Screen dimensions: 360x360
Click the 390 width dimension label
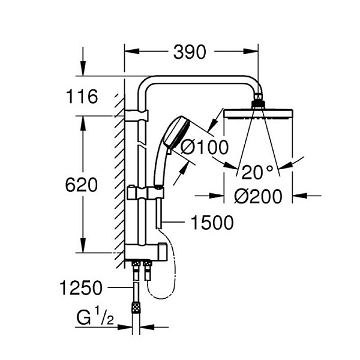pos(190,52)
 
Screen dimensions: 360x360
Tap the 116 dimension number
pos(82,97)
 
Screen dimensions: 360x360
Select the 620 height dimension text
pos(81,185)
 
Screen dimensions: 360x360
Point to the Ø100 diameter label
pos(205,147)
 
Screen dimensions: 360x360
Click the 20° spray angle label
pos(257,172)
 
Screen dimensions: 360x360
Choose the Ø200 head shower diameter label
pos(258,196)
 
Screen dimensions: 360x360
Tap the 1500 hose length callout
pos(212,222)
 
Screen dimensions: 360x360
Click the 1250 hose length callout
pos(80,287)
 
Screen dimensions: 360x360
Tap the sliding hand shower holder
pos(145,192)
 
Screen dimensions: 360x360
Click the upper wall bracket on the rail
pos(136,115)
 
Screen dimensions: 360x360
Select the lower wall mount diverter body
pos(146,253)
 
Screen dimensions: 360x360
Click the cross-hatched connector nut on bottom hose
pos(136,307)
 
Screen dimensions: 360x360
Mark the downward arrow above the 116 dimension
pos(83,61)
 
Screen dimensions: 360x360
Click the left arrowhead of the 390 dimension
pos(132,51)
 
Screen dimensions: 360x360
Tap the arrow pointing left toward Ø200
pos(307,196)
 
